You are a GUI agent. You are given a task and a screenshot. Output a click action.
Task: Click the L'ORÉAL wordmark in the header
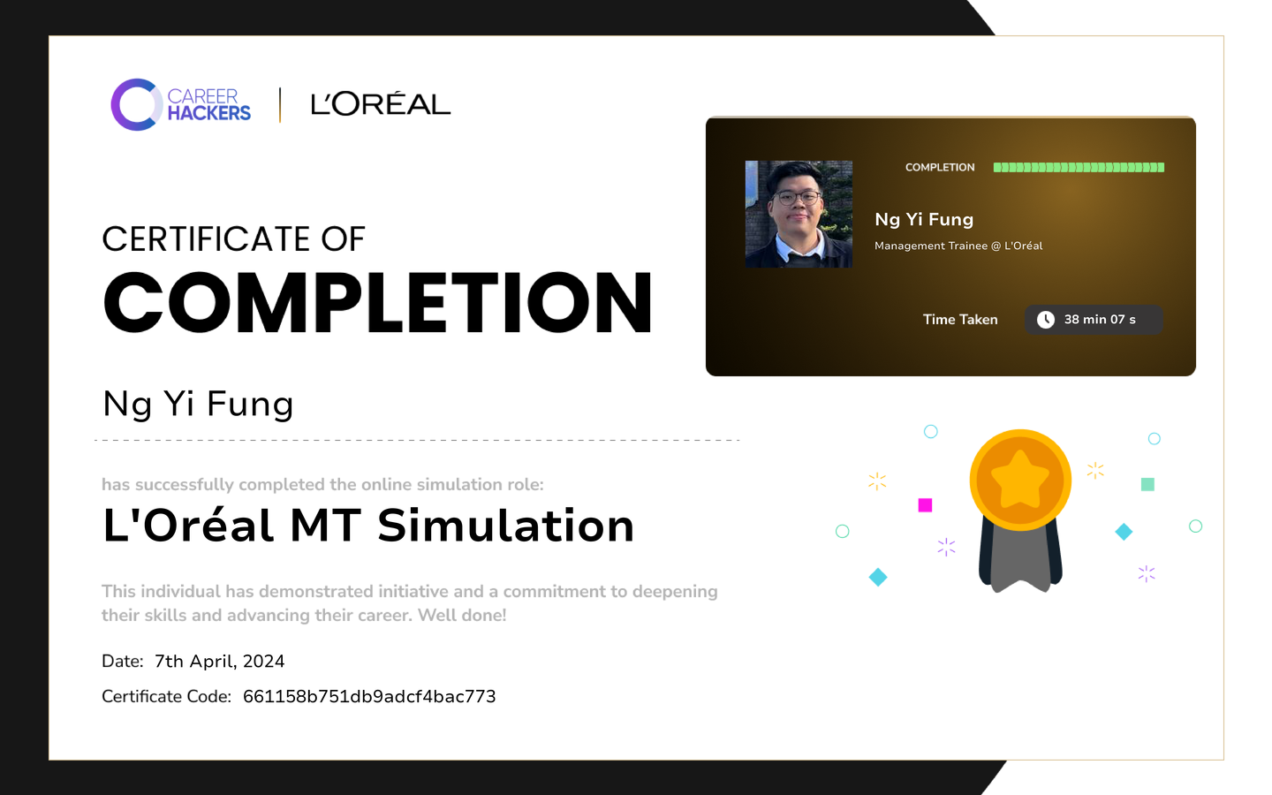click(381, 104)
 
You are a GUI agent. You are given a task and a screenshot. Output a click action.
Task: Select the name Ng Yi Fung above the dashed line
click(198, 405)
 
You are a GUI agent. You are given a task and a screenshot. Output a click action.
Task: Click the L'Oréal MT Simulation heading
click(368, 526)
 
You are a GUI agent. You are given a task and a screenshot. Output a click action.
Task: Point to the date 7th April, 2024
click(219, 662)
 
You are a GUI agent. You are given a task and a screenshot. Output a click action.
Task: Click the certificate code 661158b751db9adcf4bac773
click(369, 697)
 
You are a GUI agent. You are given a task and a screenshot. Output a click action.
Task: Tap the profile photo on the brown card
click(799, 214)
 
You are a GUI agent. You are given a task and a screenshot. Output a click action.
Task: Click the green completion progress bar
click(1079, 168)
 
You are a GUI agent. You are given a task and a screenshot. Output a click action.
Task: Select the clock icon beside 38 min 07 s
click(1046, 320)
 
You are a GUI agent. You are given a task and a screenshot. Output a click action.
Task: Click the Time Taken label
click(960, 320)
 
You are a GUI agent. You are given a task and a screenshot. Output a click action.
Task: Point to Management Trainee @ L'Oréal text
click(958, 246)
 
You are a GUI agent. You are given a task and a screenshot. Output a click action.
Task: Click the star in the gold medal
click(1020, 480)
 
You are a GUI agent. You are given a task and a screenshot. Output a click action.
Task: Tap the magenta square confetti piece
click(925, 505)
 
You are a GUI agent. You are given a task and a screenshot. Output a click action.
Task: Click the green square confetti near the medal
click(1147, 484)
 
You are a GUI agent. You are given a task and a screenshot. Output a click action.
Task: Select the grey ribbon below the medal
click(1020, 559)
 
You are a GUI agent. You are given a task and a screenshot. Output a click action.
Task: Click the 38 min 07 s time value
click(1100, 320)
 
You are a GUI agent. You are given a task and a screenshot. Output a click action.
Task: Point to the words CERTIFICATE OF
click(233, 239)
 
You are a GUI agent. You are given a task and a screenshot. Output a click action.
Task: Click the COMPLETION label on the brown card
click(940, 168)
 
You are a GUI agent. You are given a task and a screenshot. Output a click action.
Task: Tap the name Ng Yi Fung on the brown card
click(924, 220)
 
